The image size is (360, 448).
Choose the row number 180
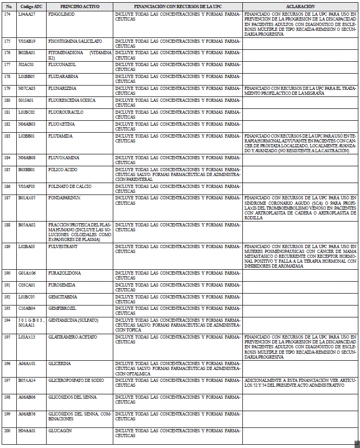pyautogui.click(x=7, y=100)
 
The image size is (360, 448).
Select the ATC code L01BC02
pyautogui.click(x=27, y=112)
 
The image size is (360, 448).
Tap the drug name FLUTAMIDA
pyautogui.click(x=61, y=136)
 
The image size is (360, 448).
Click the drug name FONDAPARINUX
pyautogui.click(x=64, y=198)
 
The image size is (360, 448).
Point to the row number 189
pyautogui.click(x=7, y=246)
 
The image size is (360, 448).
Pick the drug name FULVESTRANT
pyautogui.click(x=63, y=246)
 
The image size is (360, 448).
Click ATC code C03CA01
pyautogui.click(x=27, y=285)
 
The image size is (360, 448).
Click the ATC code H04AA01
pyautogui.click(x=27, y=431)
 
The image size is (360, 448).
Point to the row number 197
pyautogui.click(x=7, y=380)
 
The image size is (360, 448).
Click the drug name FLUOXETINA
pyautogui.click(x=62, y=124)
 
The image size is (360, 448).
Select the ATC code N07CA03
pyautogui.click(x=27, y=88)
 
